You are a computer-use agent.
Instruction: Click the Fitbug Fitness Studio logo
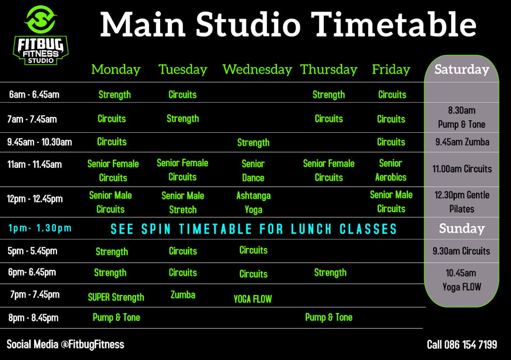[x=41, y=35]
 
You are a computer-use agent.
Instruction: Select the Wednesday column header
[x=257, y=69]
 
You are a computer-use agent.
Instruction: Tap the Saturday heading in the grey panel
[x=462, y=69]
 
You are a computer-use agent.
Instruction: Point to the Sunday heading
[x=462, y=228]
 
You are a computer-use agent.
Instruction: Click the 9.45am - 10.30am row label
[x=39, y=142]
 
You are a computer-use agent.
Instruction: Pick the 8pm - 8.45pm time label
[x=33, y=318]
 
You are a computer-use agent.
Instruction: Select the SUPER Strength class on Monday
[x=116, y=297]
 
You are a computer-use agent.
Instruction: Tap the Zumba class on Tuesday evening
[x=183, y=295]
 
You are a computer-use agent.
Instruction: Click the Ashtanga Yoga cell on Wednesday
[x=254, y=202]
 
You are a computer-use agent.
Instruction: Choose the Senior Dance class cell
[x=253, y=170]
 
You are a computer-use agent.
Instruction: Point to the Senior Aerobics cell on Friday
[x=391, y=170]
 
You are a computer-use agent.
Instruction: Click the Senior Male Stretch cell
[x=183, y=202]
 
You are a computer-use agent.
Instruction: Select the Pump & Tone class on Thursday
[x=329, y=317]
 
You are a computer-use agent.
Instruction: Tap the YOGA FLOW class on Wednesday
[x=252, y=299]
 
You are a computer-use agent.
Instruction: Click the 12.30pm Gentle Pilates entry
[x=462, y=202]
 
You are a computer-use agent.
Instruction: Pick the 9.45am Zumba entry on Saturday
[x=462, y=142]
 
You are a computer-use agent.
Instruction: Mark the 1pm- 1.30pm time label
[x=40, y=228]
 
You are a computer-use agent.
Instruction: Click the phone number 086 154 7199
[x=471, y=344]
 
